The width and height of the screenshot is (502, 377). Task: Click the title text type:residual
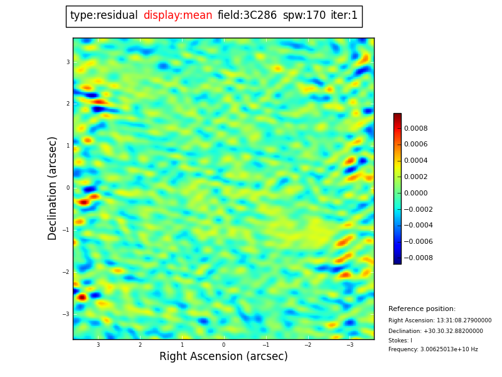[104, 16]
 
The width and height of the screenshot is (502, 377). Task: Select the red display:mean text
[178, 16]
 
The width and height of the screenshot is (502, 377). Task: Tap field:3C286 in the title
[247, 16]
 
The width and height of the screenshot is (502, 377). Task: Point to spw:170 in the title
[304, 16]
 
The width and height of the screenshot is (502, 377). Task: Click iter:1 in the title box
[344, 16]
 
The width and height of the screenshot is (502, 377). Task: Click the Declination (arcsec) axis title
[53, 188]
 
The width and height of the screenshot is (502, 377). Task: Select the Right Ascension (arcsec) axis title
[223, 357]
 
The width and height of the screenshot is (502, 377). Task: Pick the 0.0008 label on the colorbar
[415, 128]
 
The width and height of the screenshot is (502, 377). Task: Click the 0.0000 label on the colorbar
[415, 193]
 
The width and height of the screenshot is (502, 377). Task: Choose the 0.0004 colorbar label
[415, 161]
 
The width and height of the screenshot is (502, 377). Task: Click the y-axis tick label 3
[68, 62]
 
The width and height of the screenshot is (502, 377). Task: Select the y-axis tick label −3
[66, 314]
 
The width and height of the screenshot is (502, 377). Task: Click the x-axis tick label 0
[223, 345]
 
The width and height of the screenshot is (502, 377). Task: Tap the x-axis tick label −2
[307, 345]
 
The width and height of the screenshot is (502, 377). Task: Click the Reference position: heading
[422, 309]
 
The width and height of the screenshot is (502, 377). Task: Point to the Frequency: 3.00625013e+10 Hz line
[433, 349]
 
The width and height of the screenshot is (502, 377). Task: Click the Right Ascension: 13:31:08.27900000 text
[440, 320]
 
